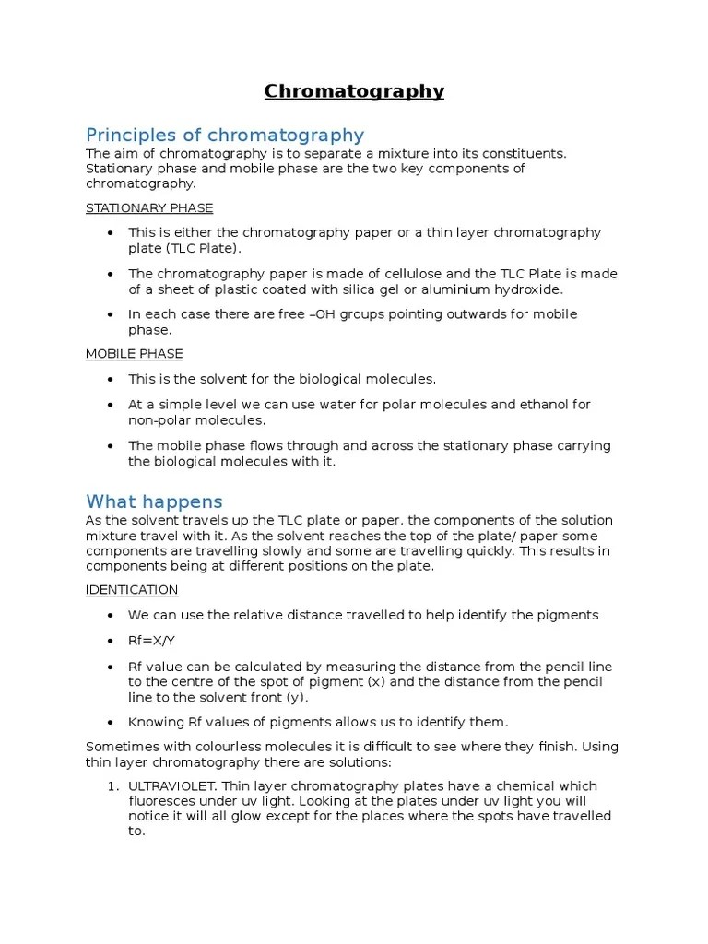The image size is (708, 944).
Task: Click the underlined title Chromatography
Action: (354, 91)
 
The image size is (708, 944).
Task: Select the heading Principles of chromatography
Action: (225, 136)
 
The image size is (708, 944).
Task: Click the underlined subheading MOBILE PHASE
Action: (135, 354)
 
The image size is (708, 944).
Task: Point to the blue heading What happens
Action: (154, 502)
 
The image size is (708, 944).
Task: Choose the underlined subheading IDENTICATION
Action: (132, 590)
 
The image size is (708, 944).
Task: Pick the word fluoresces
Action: (161, 802)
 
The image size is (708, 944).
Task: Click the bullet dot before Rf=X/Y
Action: (112, 641)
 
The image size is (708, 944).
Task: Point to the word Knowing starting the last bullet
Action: (155, 722)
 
